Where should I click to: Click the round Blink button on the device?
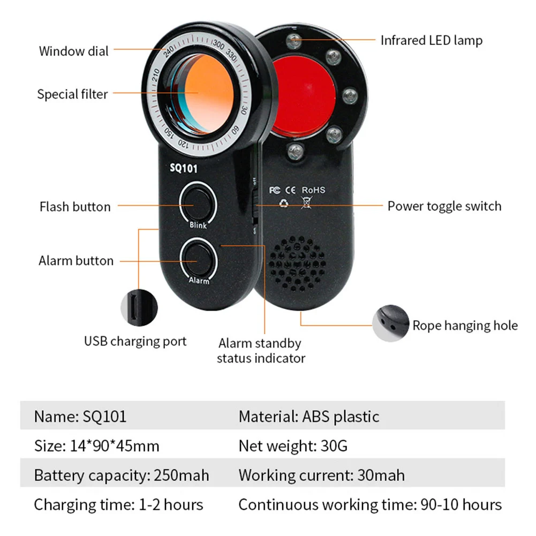(x=198, y=203)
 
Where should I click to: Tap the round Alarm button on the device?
(x=198, y=259)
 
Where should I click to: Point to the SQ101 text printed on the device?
(x=184, y=169)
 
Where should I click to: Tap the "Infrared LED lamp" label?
(x=431, y=40)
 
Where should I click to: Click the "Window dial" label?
(x=73, y=51)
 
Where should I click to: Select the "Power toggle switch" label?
(x=444, y=206)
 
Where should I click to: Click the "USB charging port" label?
(x=135, y=341)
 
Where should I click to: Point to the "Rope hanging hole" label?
(x=465, y=326)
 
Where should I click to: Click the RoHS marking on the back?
(x=313, y=190)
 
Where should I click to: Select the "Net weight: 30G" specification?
(x=293, y=446)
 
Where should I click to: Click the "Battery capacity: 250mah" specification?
(x=122, y=475)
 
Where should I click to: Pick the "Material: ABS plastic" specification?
(x=309, y=416)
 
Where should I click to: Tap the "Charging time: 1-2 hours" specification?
(x=118, y=504)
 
